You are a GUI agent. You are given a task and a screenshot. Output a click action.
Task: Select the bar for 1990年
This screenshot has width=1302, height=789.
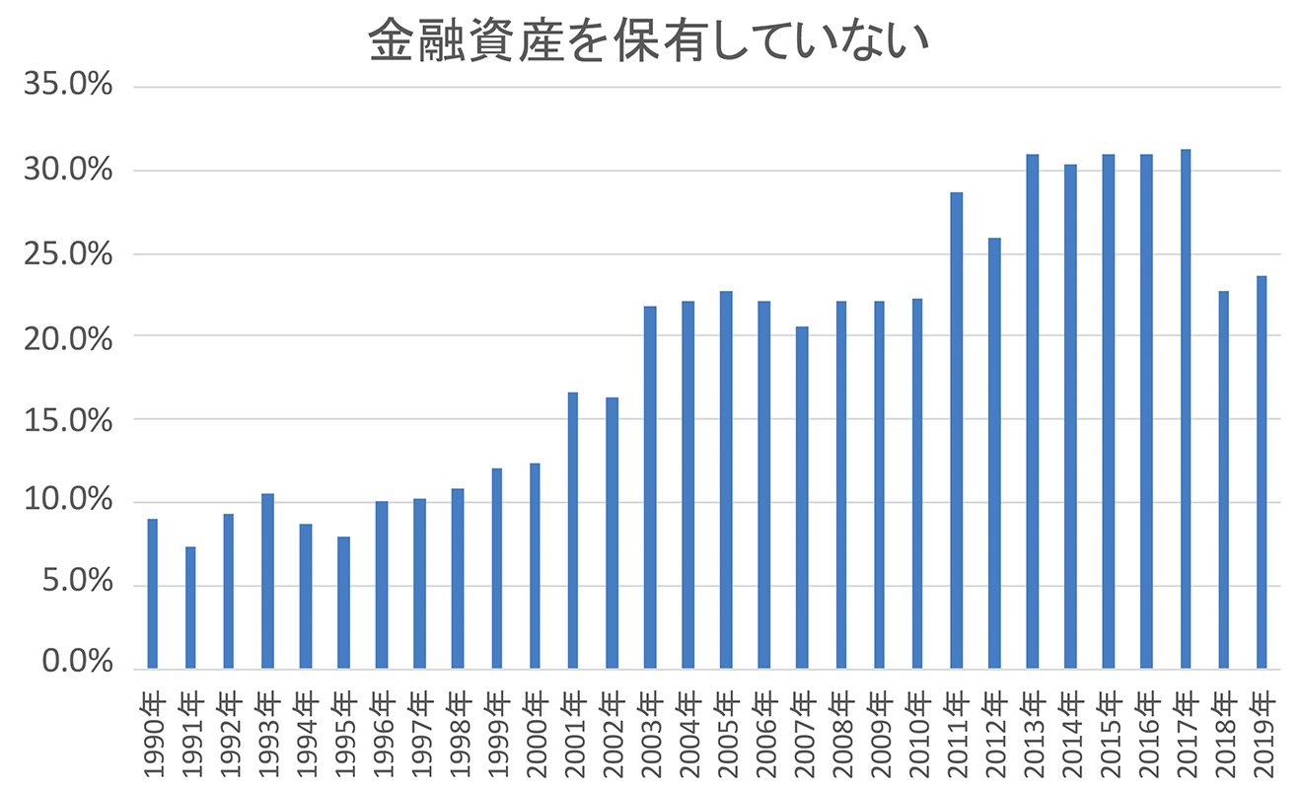point(152,594)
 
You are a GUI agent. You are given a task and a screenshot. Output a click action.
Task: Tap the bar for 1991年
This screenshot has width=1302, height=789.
point(190,608)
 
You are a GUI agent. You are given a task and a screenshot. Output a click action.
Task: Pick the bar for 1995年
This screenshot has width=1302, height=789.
point(343,603)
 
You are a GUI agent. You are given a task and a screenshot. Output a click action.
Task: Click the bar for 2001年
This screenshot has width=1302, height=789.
point(573,531)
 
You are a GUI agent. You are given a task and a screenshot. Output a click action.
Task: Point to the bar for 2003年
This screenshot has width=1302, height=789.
point(649,487)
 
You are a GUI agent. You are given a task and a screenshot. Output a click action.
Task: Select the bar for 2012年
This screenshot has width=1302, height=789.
point(994,453)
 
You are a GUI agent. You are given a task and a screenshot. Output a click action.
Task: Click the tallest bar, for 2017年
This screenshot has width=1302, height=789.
point(1186,409)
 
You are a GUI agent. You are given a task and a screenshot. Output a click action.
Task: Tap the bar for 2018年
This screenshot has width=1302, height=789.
point(1224,479)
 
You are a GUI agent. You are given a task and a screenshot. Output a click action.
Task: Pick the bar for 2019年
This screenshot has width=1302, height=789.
point(1262,472)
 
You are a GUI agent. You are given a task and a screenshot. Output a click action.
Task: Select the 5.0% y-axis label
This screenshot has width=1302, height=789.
point(76,585)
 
